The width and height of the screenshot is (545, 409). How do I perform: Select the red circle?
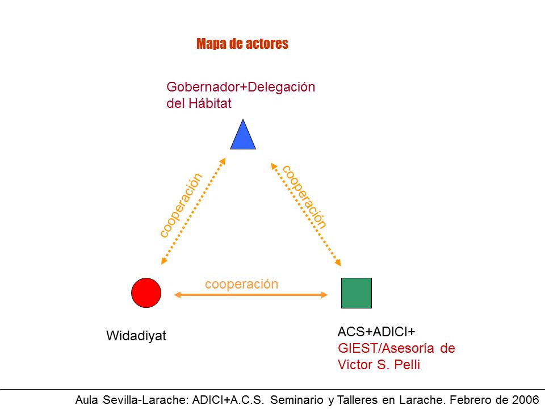click(x=146, y=293)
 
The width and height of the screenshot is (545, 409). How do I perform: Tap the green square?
click(x=357, y=293)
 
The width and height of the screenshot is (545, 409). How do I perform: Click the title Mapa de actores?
click(x=242, y=44)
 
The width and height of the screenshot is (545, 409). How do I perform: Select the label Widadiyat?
click(x=136, y=336)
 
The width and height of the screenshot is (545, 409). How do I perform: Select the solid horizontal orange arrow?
click(x=251, y=294)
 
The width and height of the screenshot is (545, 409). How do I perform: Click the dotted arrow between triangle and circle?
click(x=194, y=211)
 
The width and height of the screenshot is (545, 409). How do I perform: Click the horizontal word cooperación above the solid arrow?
click(x=242, y=283)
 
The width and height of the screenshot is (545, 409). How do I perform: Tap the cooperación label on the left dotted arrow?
click(x=181, y=205)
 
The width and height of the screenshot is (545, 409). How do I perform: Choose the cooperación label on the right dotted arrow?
click(x=305, y=196)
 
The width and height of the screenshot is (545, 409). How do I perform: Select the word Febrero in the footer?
click(x=461, y=400)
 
